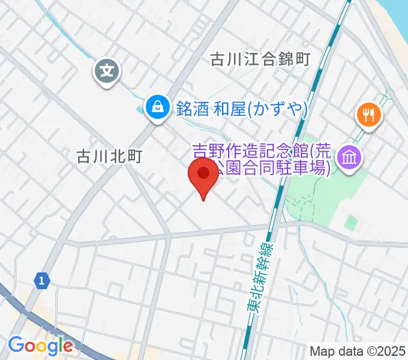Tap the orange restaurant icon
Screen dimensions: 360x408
[x=368, y=113]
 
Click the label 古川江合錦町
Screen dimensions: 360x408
[x=259, y=59]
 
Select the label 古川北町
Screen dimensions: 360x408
[x=109, y=157]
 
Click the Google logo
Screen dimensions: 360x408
[x=40, y=346]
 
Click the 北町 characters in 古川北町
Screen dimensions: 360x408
[x=125, y=157]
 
